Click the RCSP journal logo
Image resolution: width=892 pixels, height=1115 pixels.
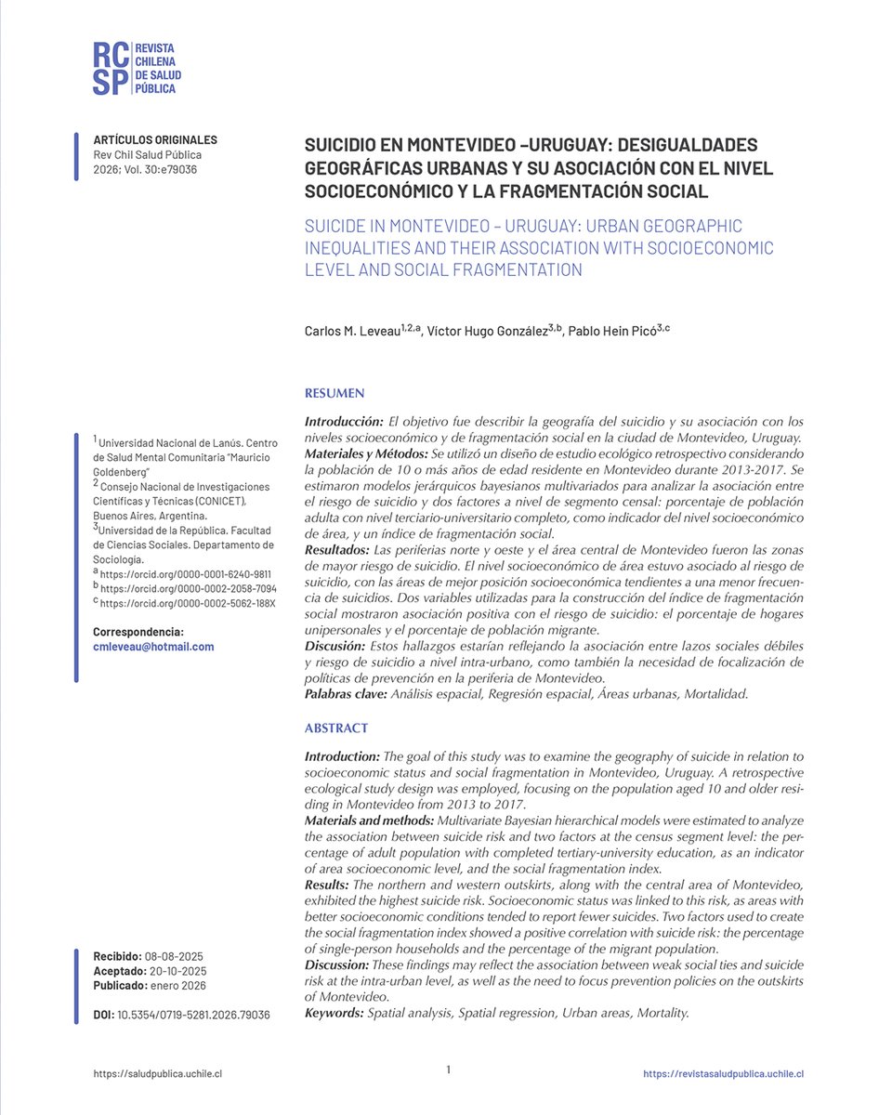tap(135, 67)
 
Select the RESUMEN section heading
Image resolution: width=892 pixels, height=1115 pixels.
tap(334, 394)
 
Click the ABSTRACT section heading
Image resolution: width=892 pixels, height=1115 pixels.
tap(336, 728)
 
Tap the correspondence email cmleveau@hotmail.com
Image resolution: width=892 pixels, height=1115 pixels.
tap(153, 647)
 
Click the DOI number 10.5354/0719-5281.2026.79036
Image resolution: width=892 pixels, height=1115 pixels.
tap(192, 1016)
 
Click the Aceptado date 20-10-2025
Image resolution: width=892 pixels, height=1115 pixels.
tap(176, 971)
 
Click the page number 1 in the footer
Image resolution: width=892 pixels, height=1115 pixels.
tap(448, 1070)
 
